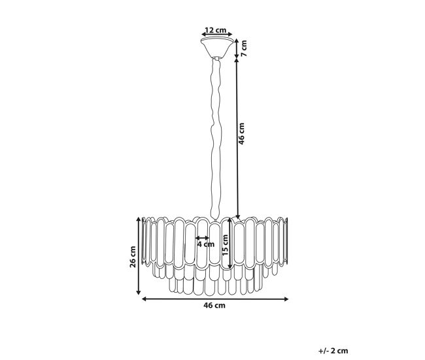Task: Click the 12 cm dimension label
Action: [216, 29]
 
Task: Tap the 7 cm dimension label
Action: [244, 48]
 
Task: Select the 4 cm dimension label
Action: [205, 244]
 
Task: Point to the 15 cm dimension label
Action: [225, 245]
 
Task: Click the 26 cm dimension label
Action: [133, 257]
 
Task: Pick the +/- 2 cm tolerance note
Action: [333, 351]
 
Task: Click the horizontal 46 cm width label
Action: [214, 305]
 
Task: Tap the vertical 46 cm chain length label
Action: [241, 133]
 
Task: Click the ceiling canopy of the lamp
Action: [217, 48]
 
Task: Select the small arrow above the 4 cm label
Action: [202, 238]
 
